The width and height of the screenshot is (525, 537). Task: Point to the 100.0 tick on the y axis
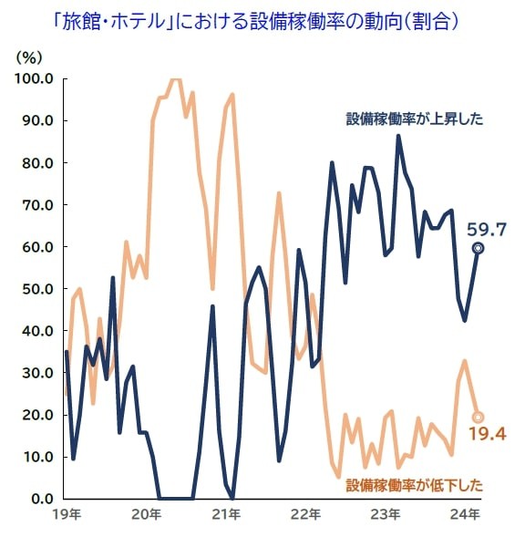click(35, 78)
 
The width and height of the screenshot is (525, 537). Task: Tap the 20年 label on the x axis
click(146, 516)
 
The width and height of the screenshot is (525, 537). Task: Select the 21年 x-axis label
click(226, 516)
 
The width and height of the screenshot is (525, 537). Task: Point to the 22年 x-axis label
click(306, 516)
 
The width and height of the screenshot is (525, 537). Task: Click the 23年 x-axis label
click(386, 516)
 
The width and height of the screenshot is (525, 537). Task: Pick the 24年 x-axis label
click(466, 516)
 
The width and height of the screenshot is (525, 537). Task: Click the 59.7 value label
click(486, 228)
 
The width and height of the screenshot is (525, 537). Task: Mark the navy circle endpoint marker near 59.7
click(478, 248)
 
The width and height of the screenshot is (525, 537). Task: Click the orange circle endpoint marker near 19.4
click(478, 418)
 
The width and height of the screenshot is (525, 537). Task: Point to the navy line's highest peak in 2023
click(398, 136)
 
